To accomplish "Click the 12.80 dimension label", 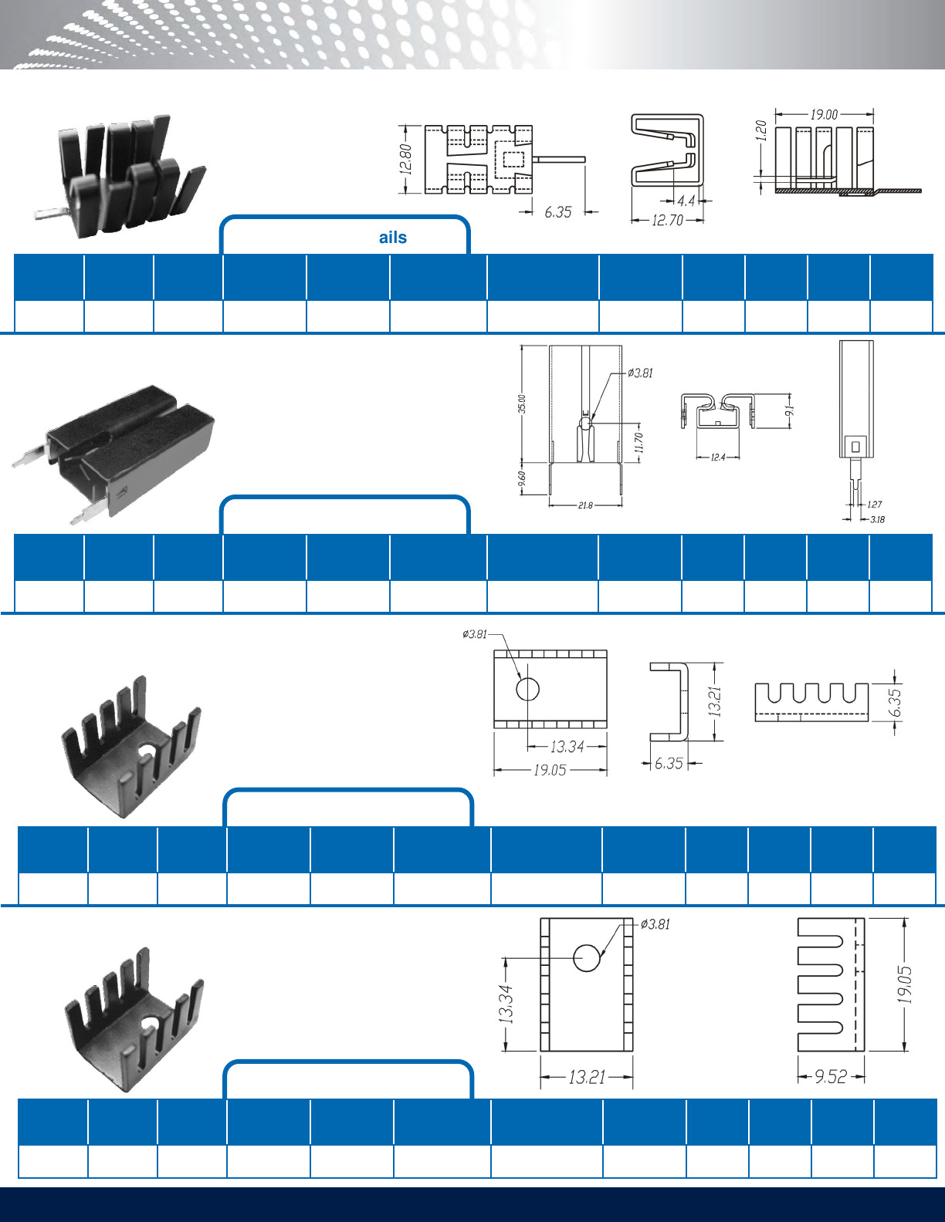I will tap(407, 159).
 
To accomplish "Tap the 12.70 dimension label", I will tap(667, 221).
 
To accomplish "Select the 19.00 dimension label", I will tap(824, 114).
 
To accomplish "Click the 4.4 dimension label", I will tap(686, 201).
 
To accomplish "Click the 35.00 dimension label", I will tap(522, 403).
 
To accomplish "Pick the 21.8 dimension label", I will tap(585, 506).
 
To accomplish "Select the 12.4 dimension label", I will tap(718, 457).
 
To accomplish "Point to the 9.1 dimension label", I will tap(789, 410).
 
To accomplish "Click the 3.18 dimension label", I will tap(877, 519).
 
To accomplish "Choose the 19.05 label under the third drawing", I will tap(550, 770).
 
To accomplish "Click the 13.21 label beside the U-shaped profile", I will tap(715, 701).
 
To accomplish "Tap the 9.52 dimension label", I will tap(831, 1076).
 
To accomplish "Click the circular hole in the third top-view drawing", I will tap(527, 688).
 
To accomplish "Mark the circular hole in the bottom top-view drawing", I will tap(587, 957).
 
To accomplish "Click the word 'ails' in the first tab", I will tap(393, 238).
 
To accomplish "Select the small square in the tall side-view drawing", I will tap(855, 446).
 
